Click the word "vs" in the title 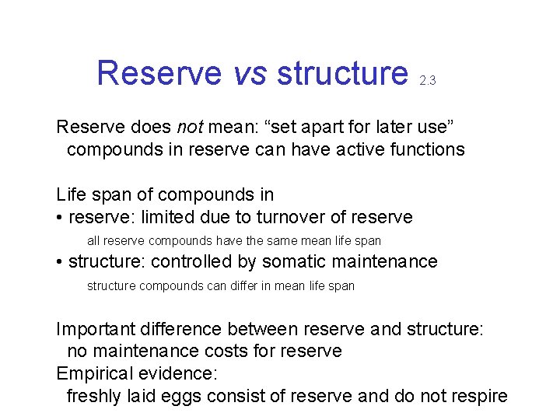click(249, 74)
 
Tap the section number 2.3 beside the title click(427, 80)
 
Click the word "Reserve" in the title click(159, 74)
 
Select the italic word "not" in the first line click(191, 127)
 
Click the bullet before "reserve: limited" click(60, 218)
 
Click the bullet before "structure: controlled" click(60, 263)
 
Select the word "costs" click(247, 351)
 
